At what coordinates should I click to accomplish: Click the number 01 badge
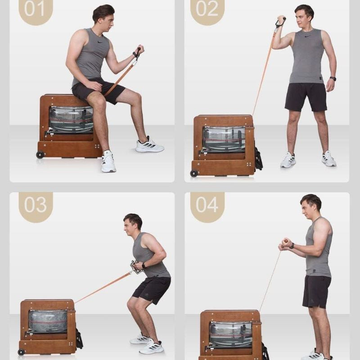pos(36,11)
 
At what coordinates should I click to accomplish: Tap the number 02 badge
pos(207,11)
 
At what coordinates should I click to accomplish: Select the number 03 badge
pos(36,207)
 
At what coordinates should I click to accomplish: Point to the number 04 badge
pos(207,207)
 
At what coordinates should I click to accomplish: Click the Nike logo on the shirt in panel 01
pos(100,42)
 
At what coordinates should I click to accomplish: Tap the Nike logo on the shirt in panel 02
pos(307,36)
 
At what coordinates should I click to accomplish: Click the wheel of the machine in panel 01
pos(40,155)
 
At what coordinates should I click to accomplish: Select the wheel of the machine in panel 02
pos(194,173)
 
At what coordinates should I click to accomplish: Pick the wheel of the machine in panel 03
pos(21,352)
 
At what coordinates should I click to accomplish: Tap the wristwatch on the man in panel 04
pos(292,246)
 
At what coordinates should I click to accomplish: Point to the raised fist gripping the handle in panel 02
pos(281,20)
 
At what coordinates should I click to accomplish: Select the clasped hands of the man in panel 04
pos(285,244)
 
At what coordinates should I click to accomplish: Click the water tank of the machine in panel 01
pos(71,120)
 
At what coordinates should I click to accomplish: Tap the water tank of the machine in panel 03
pos(48,321)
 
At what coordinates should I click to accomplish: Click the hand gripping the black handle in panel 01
pos(139,50)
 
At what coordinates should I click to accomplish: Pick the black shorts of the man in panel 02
pos(306,97)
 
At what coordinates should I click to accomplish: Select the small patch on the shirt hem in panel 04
pos(314,271)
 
